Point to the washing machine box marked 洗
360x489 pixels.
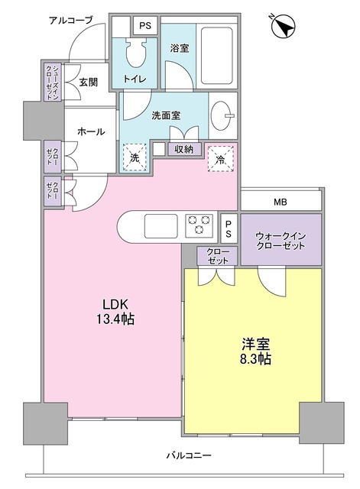tap(135, 158)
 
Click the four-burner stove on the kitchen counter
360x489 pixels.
tap(199, 225)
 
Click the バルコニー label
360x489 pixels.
tap(190, 456)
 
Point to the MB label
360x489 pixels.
tap(281, 202)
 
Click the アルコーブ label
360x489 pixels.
tap(70, 21)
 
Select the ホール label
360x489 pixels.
tap(91, 132)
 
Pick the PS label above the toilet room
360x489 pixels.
tap(144, 25)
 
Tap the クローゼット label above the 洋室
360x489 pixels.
tap(217, 256)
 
